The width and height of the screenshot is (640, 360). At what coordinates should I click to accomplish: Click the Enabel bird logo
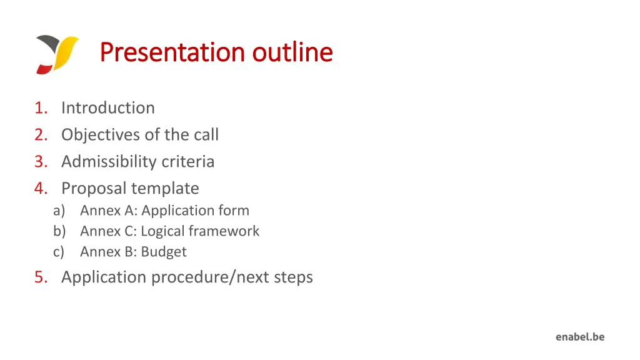tap(57, 54)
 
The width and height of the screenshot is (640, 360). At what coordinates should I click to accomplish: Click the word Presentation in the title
tap(174, 52)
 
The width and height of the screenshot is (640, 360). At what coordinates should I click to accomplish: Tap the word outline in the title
tap(292, 52)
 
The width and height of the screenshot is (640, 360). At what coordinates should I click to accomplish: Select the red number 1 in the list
tap(41, 108)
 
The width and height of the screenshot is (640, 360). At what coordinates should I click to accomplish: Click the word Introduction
tap(108, 108)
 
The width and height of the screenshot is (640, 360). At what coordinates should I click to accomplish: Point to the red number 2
tap(41, 135)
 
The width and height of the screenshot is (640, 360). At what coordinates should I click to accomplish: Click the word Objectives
tap(97, 135)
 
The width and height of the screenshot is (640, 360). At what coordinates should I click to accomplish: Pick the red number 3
tap(41, 162)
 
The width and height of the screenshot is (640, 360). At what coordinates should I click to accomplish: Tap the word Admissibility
tap(109, 162)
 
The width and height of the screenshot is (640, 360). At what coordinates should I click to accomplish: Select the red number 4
tap(41, 189)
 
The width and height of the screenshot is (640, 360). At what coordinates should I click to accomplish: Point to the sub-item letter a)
tap(59, 211)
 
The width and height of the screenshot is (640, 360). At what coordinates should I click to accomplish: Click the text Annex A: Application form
tap(164, 211)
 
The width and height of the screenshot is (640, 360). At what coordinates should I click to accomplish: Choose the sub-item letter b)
tap(59, 231)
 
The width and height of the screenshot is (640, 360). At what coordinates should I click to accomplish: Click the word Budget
tap(164, 252)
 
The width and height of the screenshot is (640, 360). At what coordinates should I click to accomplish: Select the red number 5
tap(41, 277)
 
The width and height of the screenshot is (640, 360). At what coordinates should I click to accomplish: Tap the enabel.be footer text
tap(580, 337)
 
